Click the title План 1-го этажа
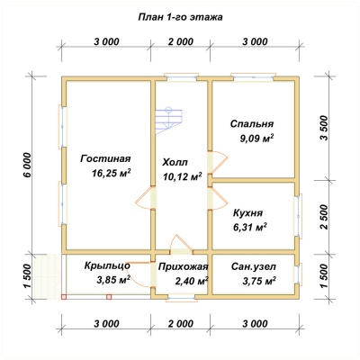pos(180,17)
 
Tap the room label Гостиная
pos(105,158)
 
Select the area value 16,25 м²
pos(112,174)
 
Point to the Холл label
pos(175,163)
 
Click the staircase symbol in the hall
pos(168,121)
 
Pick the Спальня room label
pos(252,123)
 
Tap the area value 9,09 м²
pos(256,139)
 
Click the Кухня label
pos(248,213)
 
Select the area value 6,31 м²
pos(250,228)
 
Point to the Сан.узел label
pos(254,266)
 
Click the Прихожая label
pos(183,266)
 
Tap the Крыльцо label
pos(107,265)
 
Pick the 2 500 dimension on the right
pos(325,217)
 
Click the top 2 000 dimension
pos(180,41)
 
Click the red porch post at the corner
pos(64,297)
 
